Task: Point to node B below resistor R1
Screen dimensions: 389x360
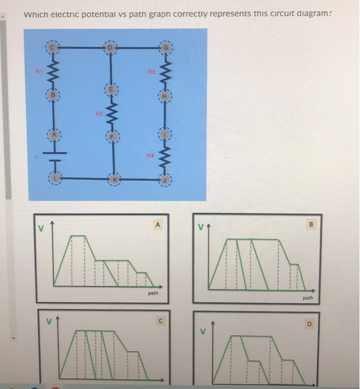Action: [55, 96]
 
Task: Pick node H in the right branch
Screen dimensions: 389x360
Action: [165, 95]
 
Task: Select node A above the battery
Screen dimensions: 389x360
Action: [55, 134]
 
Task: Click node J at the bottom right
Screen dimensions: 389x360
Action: [165, 179]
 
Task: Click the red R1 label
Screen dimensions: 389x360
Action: [40, 72]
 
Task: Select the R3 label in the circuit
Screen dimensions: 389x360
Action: [150, 72]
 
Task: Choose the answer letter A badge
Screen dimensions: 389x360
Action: [158, 225]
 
